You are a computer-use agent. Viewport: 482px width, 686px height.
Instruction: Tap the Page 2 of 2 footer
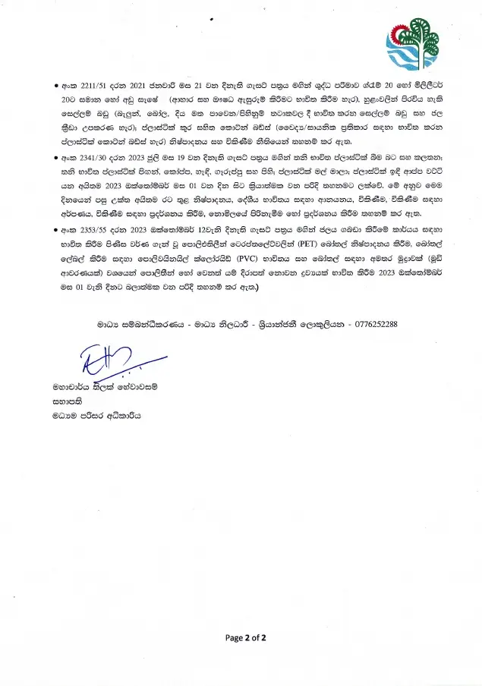[246, 638]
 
